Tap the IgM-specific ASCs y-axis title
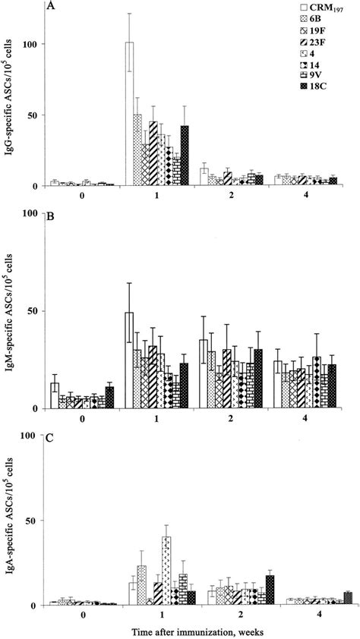pyautogui.click(x=11, y=311)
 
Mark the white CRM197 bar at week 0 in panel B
pyautogui.click(x=55, y=395)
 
